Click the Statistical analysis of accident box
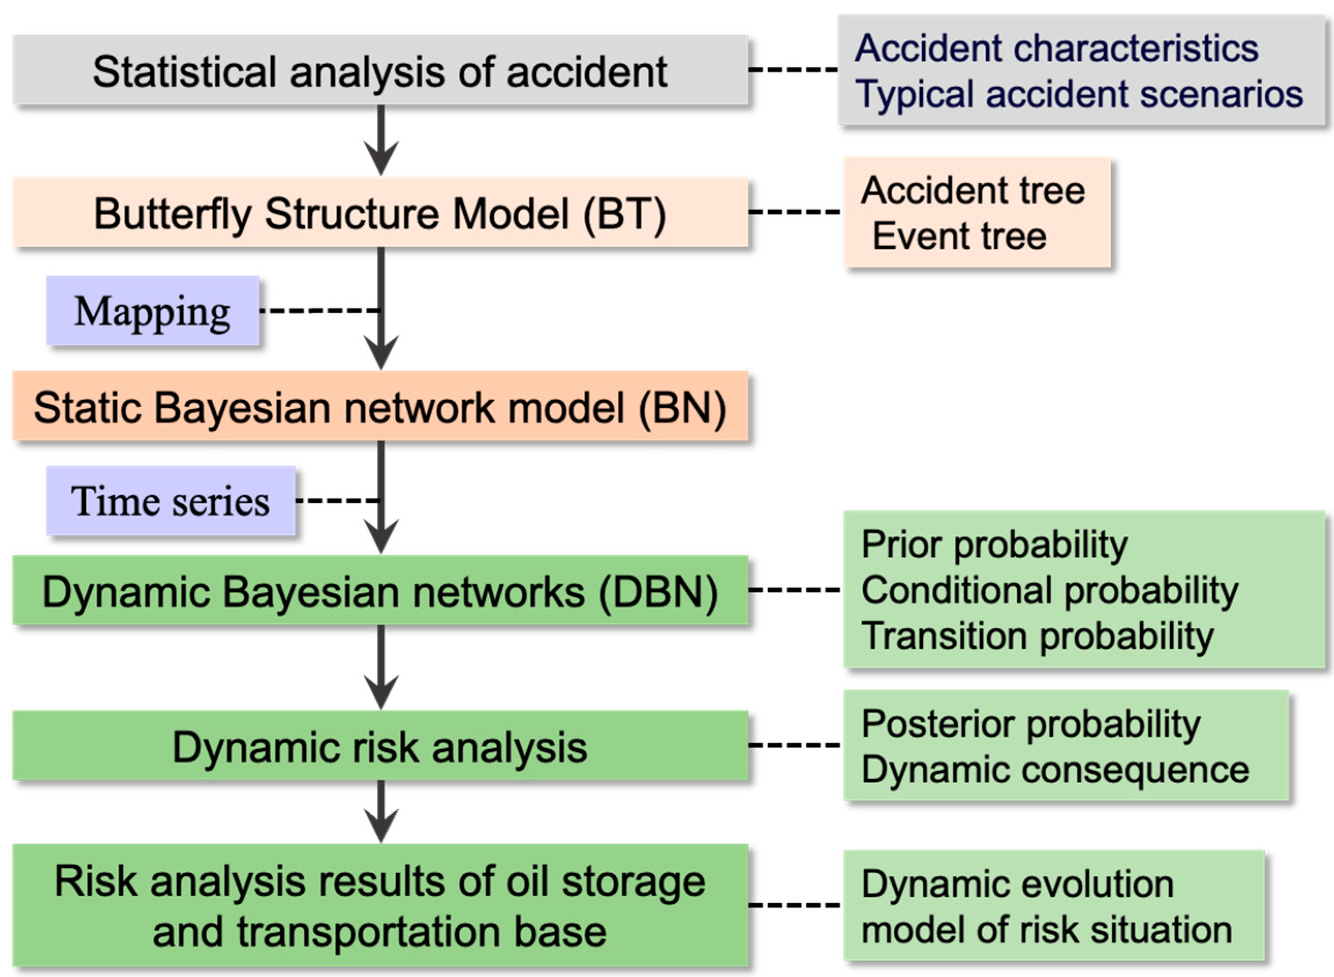coord(381,70)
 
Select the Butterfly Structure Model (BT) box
coord(381,212)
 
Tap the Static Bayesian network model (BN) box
coord(381,406)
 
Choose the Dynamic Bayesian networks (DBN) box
coord(381,590)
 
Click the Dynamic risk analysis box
coord(381,746)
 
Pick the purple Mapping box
coord(152,311)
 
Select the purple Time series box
coord(171,501)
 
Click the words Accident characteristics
coord(1057,48)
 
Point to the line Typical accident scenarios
coord(1079,94)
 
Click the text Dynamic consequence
coord(1056,769)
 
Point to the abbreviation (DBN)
coord(659,592)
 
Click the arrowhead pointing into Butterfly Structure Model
coord(381,158)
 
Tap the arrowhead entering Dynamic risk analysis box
coord(381,692)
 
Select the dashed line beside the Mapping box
coord(319,310)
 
